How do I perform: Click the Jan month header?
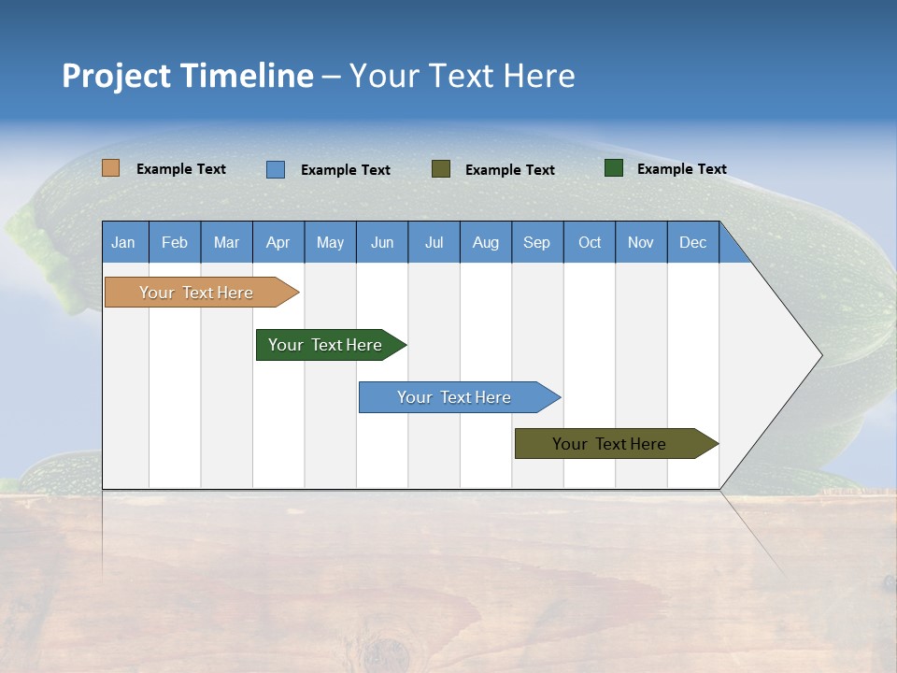[x=123, y=242]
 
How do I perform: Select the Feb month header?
[x=175, y=242]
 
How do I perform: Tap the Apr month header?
[x=278, y=242]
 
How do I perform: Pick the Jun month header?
[x=382, y=242]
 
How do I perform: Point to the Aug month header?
[x=485, y=242]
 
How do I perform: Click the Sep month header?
[x=536, y=242]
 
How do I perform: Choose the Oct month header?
[x=590, y=242]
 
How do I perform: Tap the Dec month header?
[x=692, y=242]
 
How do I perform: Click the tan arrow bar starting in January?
[x=196, y=293]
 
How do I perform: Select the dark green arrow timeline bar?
[x=325, y=345]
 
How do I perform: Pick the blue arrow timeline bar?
[x=454, y=397]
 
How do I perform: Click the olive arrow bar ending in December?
[x=609, y=444]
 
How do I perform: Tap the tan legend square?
[x=110, y=168]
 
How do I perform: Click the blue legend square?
[x=275, y=169]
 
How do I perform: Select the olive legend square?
[x=441, y=168]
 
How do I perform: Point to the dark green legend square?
[x=613, y=168]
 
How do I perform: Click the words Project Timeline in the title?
[x=187, y=76]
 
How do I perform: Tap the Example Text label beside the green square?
[x=681, y=169]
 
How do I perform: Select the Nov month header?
[x=640, y=242]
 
